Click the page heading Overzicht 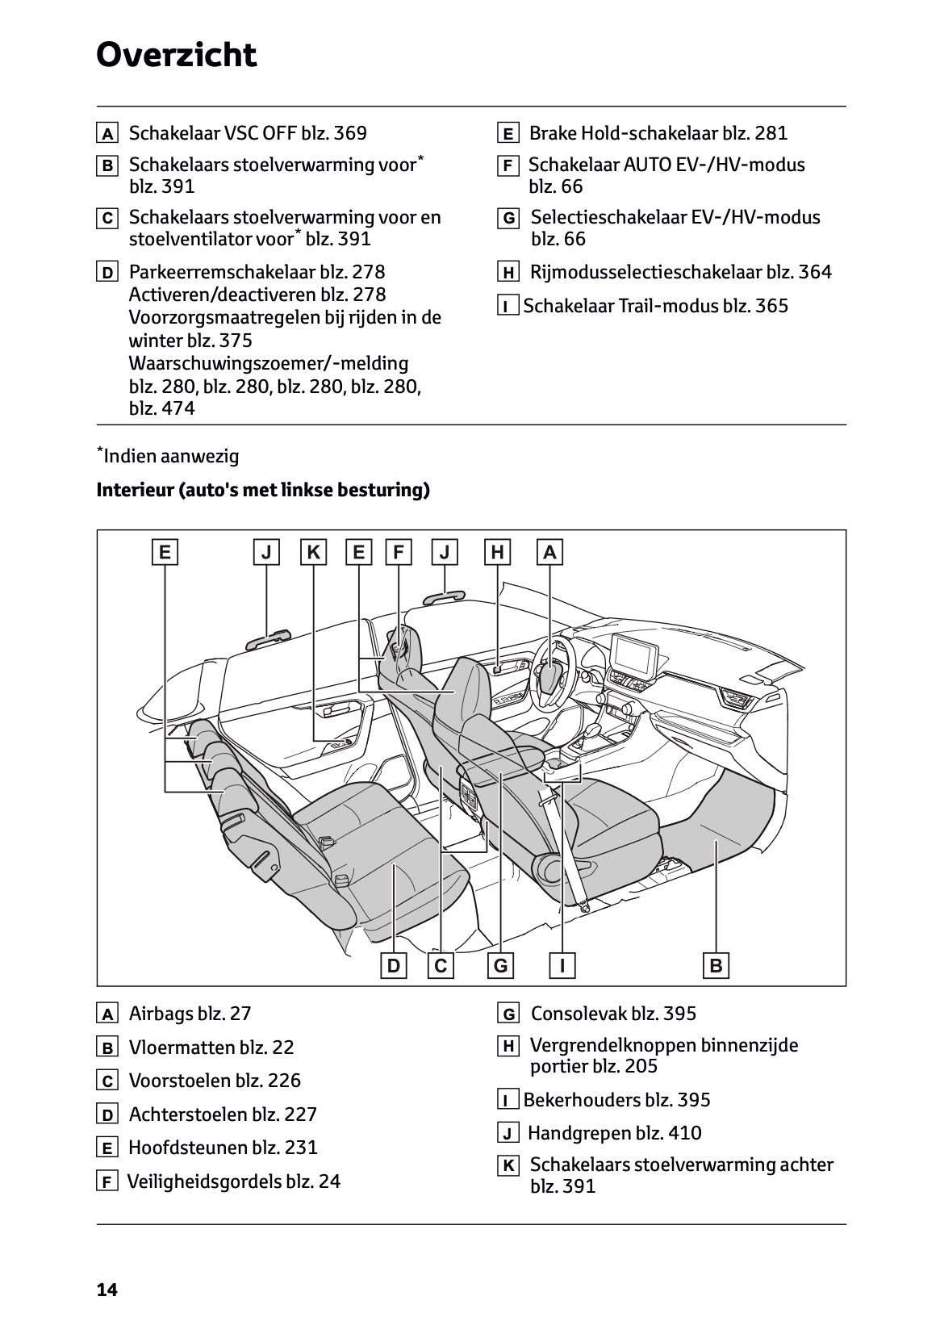point(176,55)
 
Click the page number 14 point(107,1290)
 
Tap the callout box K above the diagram point(314,552)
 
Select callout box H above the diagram point(498,552)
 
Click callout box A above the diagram point(549,552)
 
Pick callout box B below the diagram point(716,965)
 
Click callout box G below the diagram point(500,965)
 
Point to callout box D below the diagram point(393,965)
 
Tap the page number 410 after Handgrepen point(685,1133)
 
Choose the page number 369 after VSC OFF point(349,133)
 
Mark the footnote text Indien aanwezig point(170,456)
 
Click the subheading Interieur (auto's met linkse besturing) point(263,490)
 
